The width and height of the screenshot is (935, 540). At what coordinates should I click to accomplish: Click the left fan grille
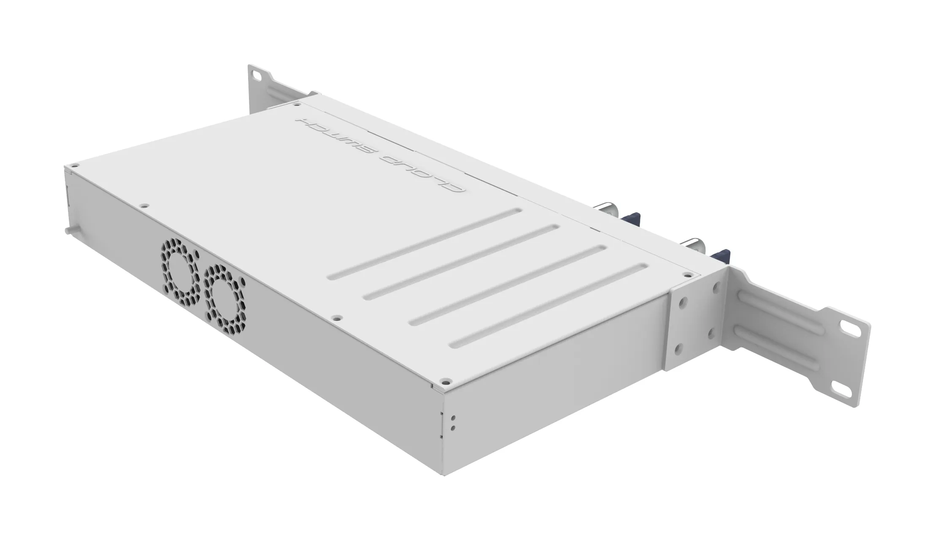(179, 272)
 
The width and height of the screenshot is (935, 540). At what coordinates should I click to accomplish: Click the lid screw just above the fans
(144, 206)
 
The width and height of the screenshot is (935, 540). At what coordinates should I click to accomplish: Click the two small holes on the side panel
(453, 423)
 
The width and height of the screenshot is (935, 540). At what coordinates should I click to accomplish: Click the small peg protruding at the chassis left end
(67, 231)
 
